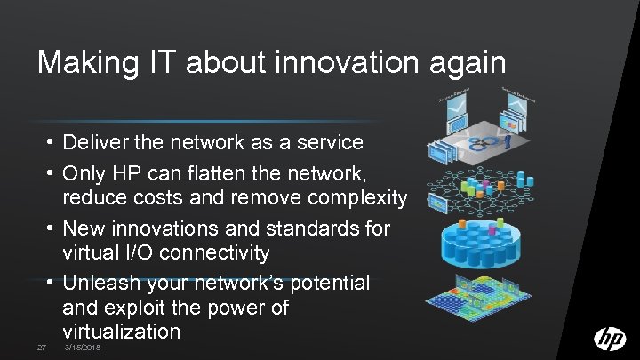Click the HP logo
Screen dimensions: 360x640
(609, 339)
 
